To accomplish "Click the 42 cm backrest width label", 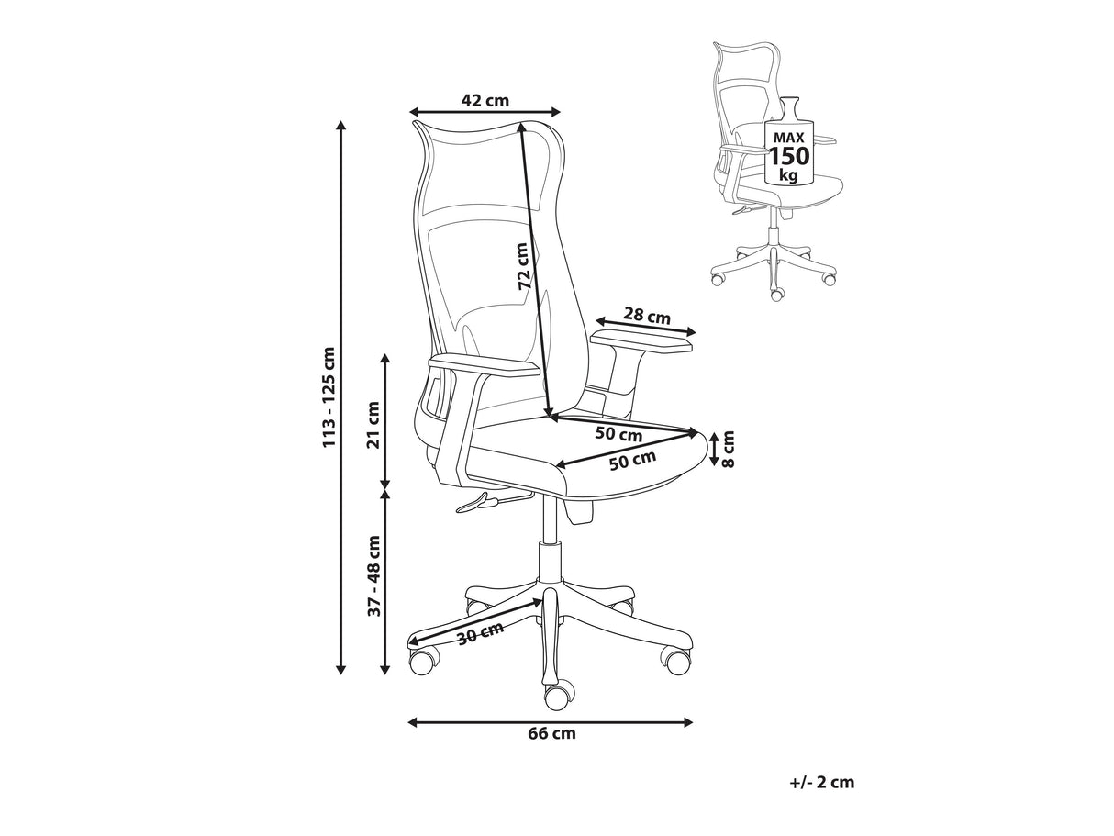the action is [x=485, y=101].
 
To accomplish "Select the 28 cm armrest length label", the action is [x=646, y=316].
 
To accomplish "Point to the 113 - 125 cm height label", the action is [x=329, y=397].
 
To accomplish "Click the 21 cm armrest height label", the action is [x=373, y=424].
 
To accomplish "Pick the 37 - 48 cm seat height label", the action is [x=374, y=576].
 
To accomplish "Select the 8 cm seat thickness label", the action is [x=728, y=449].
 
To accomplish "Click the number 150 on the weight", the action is [x=788, y=156].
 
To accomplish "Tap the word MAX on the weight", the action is [x=788, y=138].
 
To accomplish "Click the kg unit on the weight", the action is [x=788, y=175].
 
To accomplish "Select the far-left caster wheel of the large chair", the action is [x=422, y=662].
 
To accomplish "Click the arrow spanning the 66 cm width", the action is [x=551, y=722].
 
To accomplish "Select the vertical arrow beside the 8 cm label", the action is [x=714, y=449].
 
